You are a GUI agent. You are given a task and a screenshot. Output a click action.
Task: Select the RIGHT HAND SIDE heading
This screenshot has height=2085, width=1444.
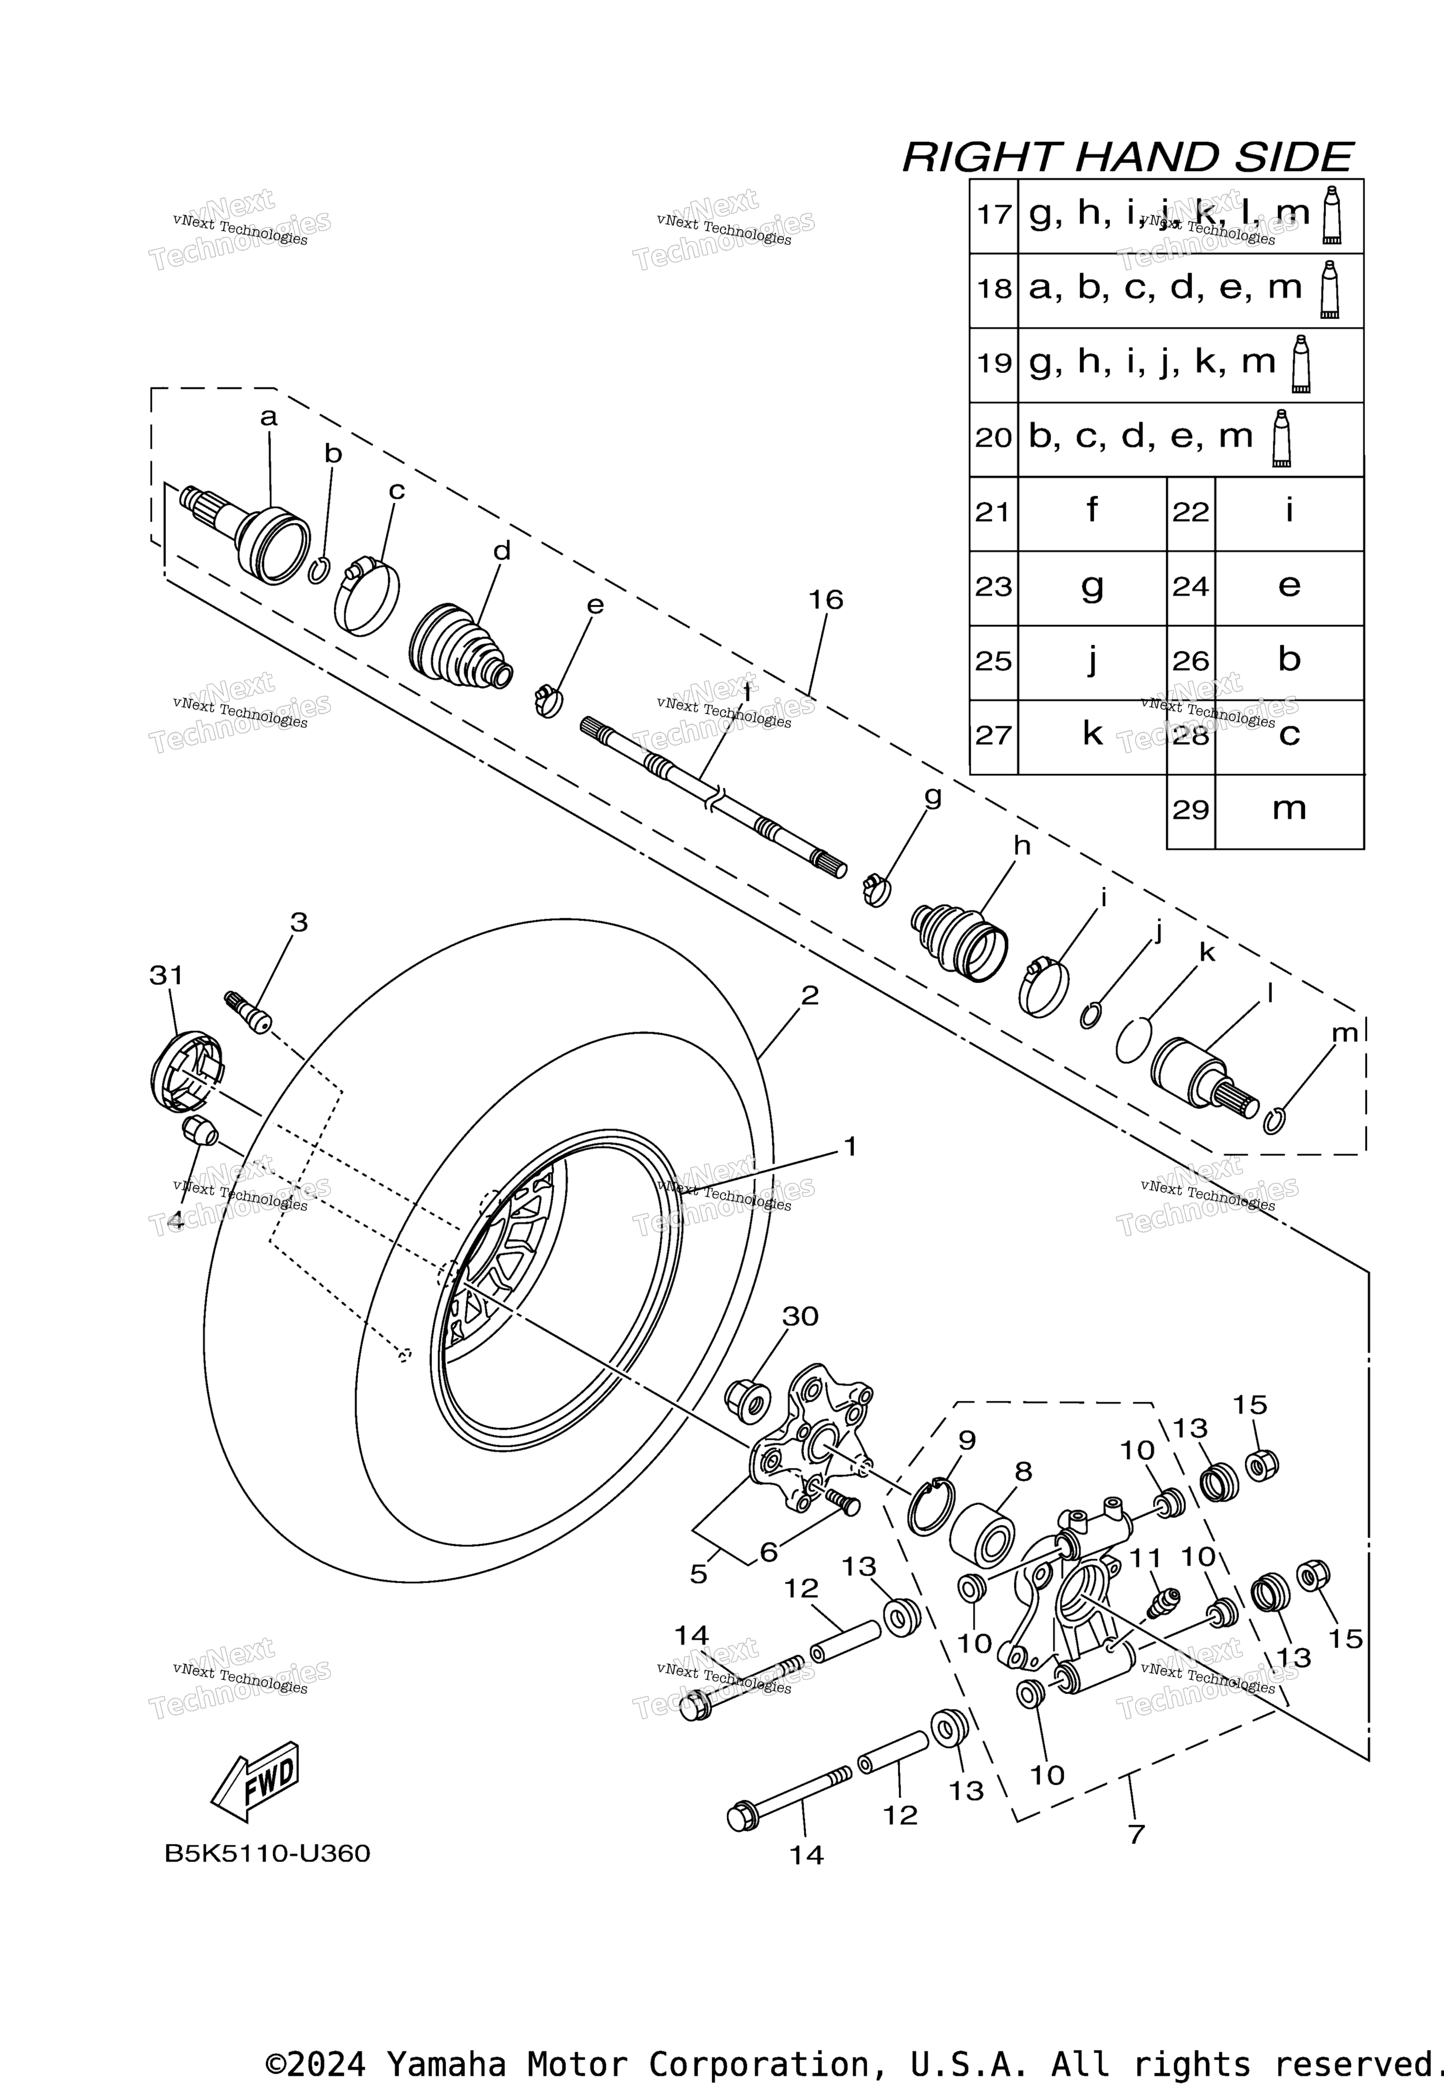(1127, 157)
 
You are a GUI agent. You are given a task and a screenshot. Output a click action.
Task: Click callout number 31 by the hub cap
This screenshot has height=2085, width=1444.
(166, 975)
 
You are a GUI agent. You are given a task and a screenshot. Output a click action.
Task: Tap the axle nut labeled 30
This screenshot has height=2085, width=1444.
(748, 1401)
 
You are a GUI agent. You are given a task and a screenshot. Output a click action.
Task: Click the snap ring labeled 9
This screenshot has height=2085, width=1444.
(931, 1506)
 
